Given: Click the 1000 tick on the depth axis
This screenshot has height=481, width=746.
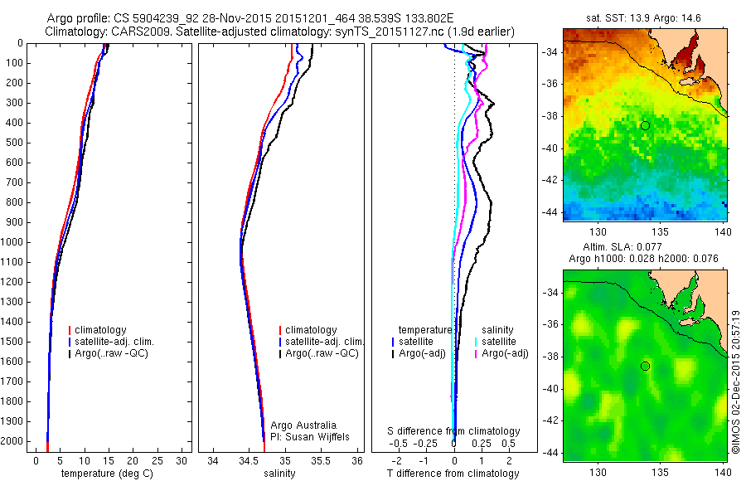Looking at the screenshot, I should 15,242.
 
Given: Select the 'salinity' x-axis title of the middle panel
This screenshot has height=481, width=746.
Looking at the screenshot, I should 279,474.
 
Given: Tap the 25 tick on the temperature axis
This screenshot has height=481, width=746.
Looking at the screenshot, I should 157,460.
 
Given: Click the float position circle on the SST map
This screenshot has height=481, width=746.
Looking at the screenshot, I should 645,125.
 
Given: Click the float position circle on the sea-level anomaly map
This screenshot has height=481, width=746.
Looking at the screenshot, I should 645,366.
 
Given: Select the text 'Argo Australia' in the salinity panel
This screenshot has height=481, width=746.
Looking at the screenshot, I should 304,425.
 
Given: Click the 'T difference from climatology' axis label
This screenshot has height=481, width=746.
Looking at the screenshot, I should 453,474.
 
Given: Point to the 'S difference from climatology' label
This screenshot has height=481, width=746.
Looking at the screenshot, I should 454,431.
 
